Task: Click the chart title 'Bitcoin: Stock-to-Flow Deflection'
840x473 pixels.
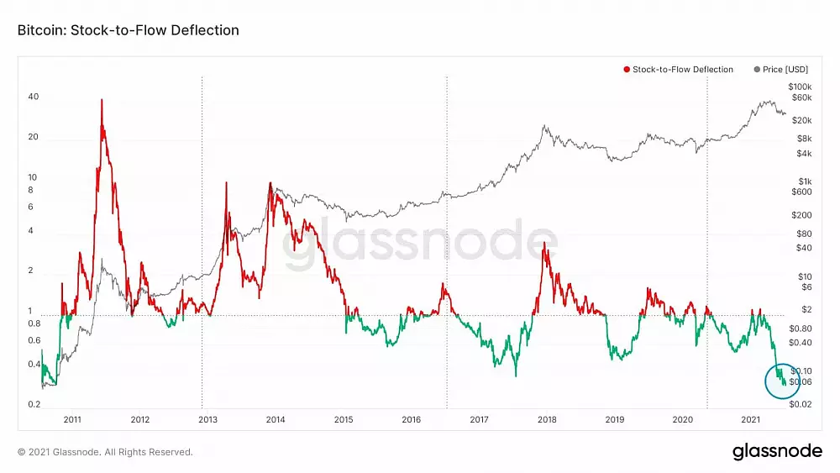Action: [x=128, y=30]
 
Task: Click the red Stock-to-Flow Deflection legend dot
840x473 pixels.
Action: [x=627, y=70]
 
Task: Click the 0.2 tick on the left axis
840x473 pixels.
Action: [x=34, y=405]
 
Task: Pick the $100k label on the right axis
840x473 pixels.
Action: [x=800, y=87]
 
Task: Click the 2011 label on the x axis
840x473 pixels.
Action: [x=72, y=419]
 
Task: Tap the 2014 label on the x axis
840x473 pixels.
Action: [x=276, y=419]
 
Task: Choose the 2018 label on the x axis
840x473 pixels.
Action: [x=547, y=419]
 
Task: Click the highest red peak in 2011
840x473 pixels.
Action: [x=102, y=100]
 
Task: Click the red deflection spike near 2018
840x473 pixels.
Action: [x=544, y=244]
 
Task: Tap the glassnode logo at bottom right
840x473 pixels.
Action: [x=777, y=451]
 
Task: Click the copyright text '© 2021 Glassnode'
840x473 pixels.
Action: [x=105, y=452]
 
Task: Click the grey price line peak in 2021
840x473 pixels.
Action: [x=766, y=102]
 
